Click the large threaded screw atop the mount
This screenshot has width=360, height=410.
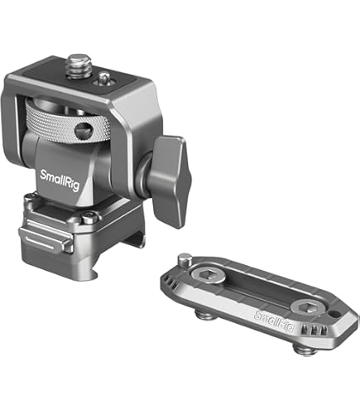click(78, 66)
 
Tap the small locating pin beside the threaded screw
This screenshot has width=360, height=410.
click(104, 79)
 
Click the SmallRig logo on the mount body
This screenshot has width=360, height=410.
click(60, 180)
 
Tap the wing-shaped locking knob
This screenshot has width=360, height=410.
click(168, 181)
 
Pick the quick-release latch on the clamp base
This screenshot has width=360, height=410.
click(46, 239)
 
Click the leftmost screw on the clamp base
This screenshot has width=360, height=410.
click(30, 196)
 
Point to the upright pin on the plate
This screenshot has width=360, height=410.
click(183, 261)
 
